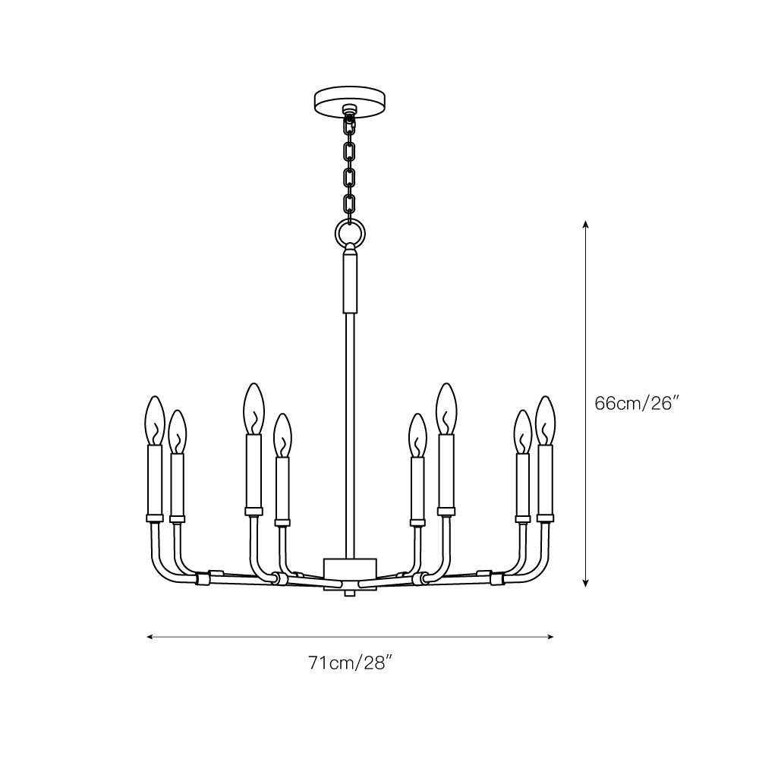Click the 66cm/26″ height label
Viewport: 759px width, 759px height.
[635, 404]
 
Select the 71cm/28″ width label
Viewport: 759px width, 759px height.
[349, 663]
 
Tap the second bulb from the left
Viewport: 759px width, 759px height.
[177, 432]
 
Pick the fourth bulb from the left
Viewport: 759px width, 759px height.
[282, 435]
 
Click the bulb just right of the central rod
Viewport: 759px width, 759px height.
[416, 435]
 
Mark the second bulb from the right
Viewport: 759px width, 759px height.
[522, 432]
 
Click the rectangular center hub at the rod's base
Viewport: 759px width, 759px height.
[350, 570]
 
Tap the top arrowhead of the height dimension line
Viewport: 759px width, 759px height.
[586, 225]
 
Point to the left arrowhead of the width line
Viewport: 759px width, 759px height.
[150, 637]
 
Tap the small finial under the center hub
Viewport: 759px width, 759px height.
[350, 593]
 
